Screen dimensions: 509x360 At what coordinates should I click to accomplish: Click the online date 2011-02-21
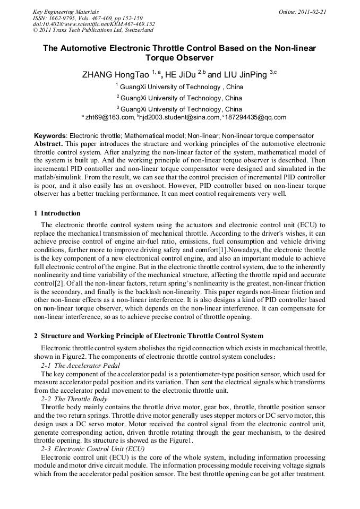pos(312,12)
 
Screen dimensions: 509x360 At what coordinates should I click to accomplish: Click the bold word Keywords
pos(50,136)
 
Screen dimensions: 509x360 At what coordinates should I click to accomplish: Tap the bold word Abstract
pos(48,144)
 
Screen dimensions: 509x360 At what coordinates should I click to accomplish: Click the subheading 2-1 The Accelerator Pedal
pos(80,366)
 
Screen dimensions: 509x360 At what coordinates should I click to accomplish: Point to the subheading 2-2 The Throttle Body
pos(74,399)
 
